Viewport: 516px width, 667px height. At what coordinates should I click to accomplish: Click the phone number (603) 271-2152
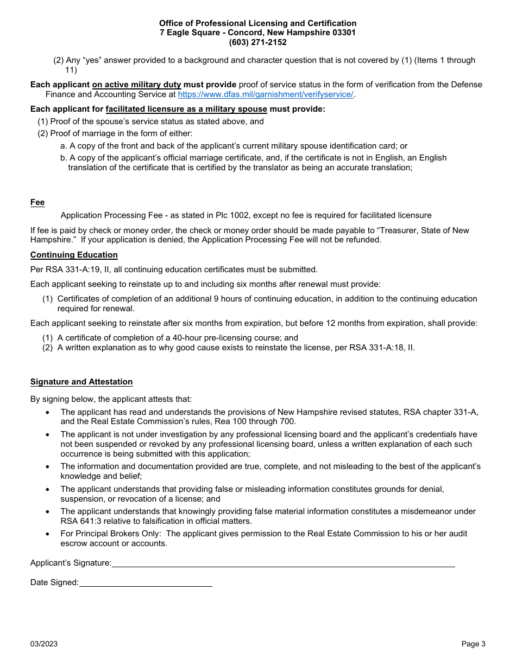[x=257, y=42]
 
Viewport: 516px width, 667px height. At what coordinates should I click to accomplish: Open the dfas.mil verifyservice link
[x=266, y=94]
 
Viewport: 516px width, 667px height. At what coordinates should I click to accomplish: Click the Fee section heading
[x=37, y=202]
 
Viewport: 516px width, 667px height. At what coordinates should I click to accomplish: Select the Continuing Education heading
[x=74, y=255]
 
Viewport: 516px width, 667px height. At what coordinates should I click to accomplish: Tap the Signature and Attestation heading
[x=81, y=382]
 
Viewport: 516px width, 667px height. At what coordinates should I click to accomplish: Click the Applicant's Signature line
[x=283, y=563]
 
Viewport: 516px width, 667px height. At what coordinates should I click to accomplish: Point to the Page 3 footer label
[x=473, y=644]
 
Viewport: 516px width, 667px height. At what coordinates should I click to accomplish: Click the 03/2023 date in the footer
[x=44, y=644]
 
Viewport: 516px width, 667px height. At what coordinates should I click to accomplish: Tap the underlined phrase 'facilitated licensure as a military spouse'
[x=186, y=109]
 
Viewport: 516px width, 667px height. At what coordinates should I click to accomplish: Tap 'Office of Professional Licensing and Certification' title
[x=257, y=23]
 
